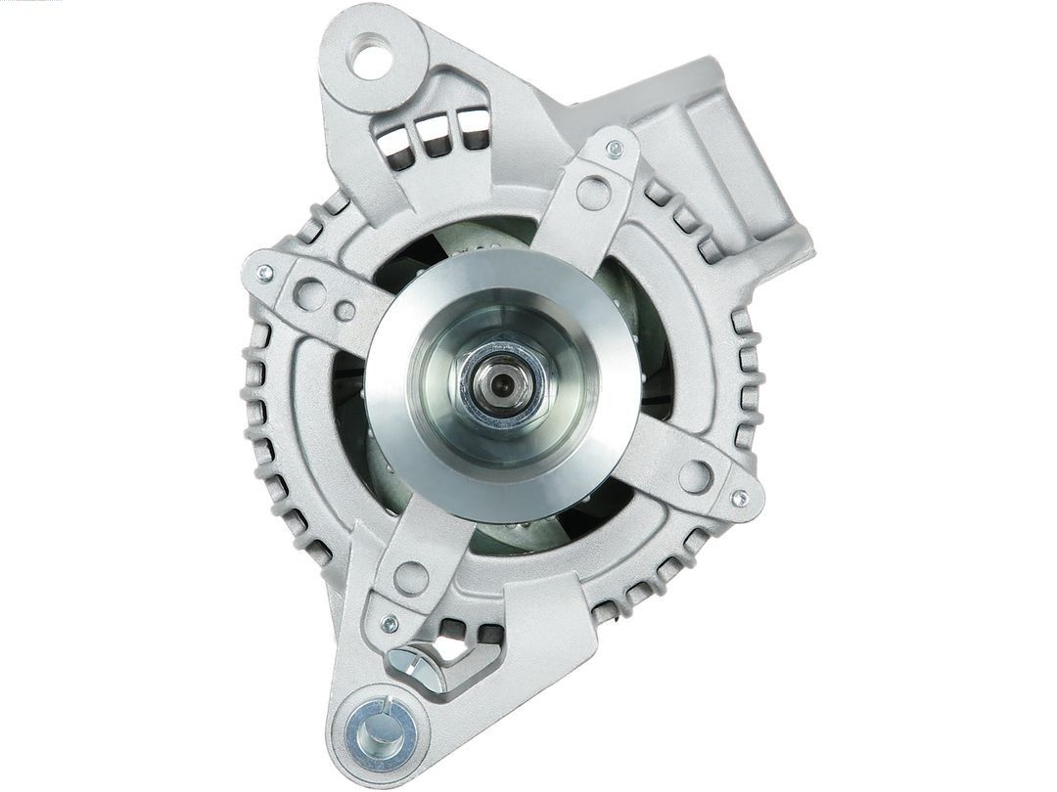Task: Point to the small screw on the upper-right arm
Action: (615, 150)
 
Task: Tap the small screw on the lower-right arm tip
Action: (739, 498)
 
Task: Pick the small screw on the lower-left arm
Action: (390, 623)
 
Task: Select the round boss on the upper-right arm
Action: (593, 193)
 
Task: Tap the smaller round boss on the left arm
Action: (345, 311)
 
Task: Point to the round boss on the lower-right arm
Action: (694, 476)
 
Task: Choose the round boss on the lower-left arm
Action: (411, 578)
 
